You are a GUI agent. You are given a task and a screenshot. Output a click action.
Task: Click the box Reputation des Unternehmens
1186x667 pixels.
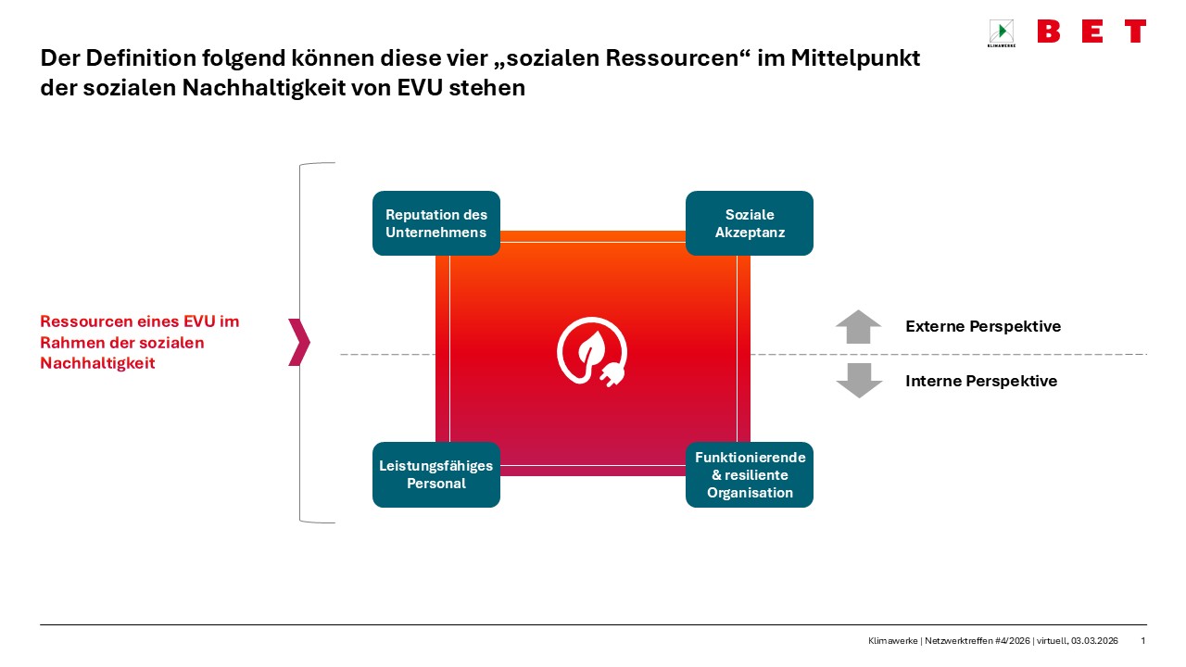pyautogui.click(x=435, y=223)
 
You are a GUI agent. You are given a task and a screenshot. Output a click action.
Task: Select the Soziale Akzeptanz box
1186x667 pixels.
pyautogui.click(x=749, y=223)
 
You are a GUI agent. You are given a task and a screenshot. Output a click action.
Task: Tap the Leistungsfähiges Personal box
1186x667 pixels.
pyautogui.click(x=435, y=474)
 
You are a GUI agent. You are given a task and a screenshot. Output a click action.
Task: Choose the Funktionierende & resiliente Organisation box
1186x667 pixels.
pyautogui.click(x=749, y=474)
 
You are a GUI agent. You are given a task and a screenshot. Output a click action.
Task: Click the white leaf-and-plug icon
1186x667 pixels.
pyautogui.click(x=592, y=353)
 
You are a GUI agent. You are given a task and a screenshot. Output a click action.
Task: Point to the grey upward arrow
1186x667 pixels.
pyautogui.click(x=859, y=327)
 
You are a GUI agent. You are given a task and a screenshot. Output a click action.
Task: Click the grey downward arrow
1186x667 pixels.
pyautogui.click(x=859, y=380)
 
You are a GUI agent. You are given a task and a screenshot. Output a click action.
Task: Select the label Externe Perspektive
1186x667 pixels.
pyautogui.click(x=982, y=326)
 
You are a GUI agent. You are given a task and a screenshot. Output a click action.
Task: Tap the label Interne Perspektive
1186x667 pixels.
pyautogui.click(x=980, y=381)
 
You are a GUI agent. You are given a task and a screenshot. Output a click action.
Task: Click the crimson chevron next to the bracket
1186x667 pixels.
pyautogui.click(x=298, y=342)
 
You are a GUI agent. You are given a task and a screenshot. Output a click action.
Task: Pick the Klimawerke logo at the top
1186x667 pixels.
pyautogui.click(x=1001, y=33)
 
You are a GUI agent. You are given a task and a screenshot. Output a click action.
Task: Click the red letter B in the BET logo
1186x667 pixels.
pyautogui.click(x=1049, y=31)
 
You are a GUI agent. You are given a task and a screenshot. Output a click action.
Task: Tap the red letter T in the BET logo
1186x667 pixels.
pyautogui.click(x=1135, y=31)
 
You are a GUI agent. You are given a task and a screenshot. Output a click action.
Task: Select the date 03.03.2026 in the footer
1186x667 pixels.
pyautogui.click(x=1094, y=641)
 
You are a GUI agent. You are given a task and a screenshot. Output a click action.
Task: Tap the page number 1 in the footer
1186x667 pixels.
pyautogui.click(x=1142, y=641)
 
